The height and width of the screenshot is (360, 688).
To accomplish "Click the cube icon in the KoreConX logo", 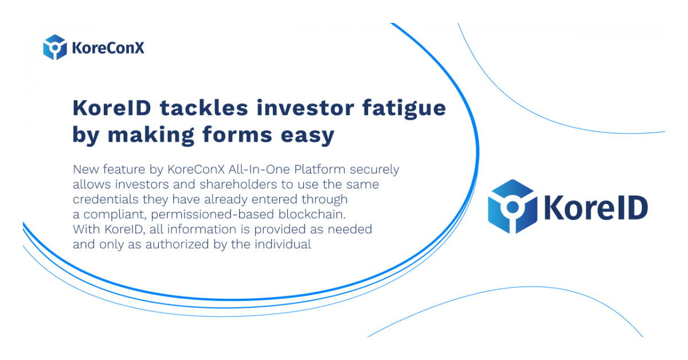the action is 54,47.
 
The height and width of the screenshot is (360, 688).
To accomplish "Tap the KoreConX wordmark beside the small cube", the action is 108,48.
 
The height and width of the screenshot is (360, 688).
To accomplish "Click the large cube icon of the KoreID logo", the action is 513,206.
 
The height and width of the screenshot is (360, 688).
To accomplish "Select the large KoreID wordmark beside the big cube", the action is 596,208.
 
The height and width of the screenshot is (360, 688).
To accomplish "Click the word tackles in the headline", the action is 204,108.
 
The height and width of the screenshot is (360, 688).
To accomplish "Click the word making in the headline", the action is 151,136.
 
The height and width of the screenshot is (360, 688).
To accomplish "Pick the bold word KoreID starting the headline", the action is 112,108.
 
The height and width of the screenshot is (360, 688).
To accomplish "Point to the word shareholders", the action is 238,185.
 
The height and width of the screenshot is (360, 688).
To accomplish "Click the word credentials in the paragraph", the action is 105,199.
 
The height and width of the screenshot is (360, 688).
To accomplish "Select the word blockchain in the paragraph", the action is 312,214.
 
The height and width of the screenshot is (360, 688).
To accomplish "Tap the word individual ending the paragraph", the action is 283,244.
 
